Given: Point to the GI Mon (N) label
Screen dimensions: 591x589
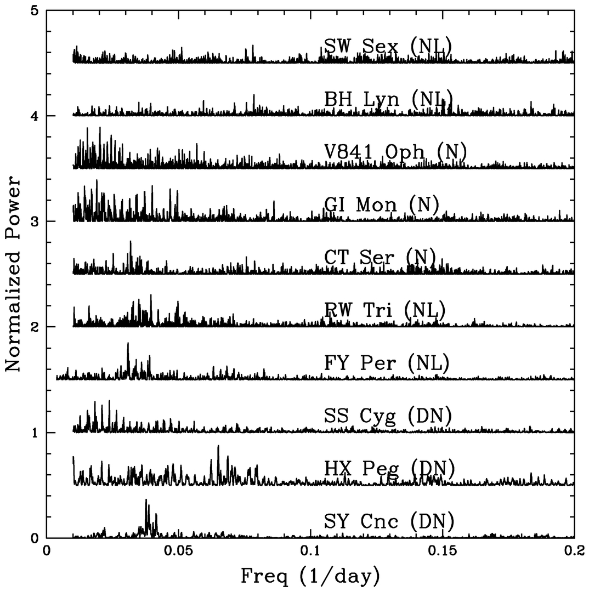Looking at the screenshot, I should pyautogui.click(x=382, y=205).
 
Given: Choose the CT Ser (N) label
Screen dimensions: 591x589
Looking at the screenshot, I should pyautogui.click(x=380, y=257).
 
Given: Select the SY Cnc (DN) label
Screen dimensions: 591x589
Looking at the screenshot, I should pyautogui.click(x=388, y=521).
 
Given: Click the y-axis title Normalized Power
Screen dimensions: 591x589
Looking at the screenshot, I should pyautogui.click(x=13, y=274).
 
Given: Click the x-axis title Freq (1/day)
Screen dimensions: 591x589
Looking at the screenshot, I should pyautogui.click(x=310, y=576).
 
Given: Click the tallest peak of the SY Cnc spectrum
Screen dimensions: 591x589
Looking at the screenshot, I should pyautogui.click(x=146, y=499).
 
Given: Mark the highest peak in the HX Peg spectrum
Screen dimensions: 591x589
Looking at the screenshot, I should pyautogui.click(x=218, y=446).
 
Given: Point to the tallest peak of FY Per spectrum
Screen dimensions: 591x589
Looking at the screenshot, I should pyautogui.click(x=128, y=343).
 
